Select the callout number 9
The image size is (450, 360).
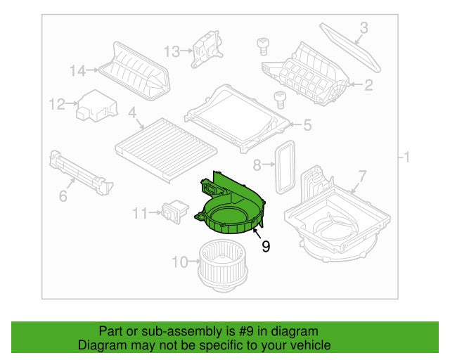(x=265, y=246)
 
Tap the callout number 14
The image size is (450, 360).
(x=77, y=70)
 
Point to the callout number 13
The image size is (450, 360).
(x=172, y=51)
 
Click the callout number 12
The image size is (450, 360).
(x=56, y=105)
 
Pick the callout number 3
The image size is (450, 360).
(x=364, y=28)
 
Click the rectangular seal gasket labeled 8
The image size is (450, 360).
(x=285, y=167)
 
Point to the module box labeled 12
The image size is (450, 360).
(x=97, y=104)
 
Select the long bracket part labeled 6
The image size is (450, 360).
(x=80, y=173)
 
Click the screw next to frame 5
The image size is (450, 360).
(x=279, y=98)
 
